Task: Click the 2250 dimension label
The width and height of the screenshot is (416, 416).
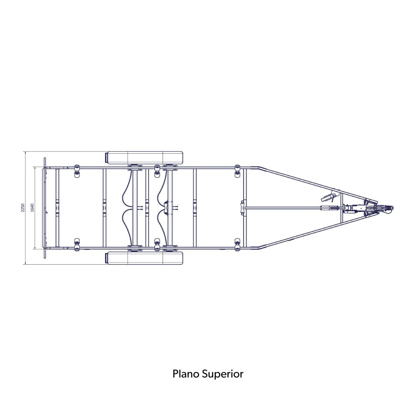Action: [23, 208]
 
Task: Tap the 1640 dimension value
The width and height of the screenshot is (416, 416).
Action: [32, 208]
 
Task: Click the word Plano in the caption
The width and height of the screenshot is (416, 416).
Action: [186, 374]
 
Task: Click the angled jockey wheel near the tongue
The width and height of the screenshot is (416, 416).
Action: [329, 197]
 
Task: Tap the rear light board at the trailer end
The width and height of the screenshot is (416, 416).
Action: [45, 208]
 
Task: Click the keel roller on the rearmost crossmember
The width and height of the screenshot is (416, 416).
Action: [57, 208]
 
